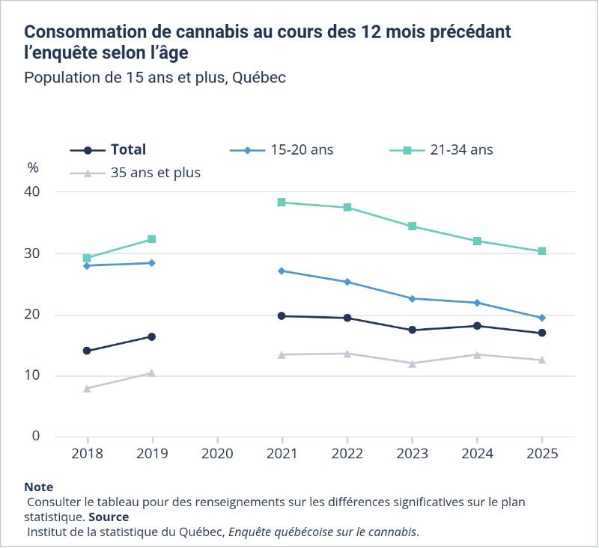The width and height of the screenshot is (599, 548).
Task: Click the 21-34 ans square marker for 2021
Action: (282, 203)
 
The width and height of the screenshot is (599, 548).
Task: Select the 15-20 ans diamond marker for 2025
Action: (542, 318)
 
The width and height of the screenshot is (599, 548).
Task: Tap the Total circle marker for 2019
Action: (152, 337)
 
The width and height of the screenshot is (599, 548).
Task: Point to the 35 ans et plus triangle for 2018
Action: (87, 389)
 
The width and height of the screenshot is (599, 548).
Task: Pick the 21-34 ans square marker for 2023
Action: (412, 227)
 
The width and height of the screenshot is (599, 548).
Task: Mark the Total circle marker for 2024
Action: (477, 326)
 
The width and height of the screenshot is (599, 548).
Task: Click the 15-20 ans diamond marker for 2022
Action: (347, 282)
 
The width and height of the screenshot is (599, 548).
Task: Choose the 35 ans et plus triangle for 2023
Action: (412, 363)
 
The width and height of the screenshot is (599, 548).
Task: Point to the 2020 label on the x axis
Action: (217, 454)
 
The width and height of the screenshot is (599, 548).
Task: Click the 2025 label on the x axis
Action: (542, 454)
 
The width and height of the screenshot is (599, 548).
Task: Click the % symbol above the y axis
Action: (33, 167)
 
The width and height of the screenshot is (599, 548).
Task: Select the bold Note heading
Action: (39, 487)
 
